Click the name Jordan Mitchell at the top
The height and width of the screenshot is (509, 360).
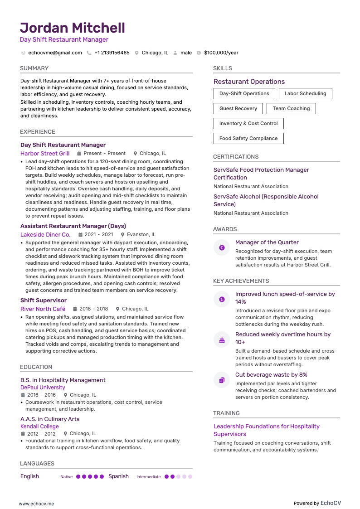[x=73, y=28]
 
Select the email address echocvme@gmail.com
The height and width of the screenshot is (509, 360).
[x=55, y=53]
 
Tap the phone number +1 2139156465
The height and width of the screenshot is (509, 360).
[x=112, y=53]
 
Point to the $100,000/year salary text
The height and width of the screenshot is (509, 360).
[x=221, y=53]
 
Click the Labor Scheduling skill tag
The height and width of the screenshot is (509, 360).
[x=305, y=94]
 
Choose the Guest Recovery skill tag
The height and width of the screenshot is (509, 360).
[x=238, y=109]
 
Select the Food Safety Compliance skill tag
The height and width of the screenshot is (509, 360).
[x=248, y=139]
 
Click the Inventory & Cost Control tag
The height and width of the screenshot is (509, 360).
[x=248, y=124]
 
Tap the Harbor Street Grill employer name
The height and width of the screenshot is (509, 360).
[x=45, y=154]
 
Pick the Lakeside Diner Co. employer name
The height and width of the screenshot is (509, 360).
[x=45, y=235]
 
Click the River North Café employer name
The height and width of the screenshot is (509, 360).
[x=43, y=309]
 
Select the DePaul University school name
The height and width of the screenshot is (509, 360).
[x=43, y=388]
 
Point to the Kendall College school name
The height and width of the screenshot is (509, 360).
[x=39, y=427]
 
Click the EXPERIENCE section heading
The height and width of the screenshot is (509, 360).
[x=38, y=132]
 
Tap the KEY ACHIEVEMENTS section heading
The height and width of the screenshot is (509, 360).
[x=241, y=281]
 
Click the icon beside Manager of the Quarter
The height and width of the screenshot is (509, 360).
[x=222, y=248]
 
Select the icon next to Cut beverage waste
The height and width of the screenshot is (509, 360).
[x=222, y=380]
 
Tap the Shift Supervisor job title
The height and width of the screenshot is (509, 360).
[x=44, y=301]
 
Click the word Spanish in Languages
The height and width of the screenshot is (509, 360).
[x=118, y=476]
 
